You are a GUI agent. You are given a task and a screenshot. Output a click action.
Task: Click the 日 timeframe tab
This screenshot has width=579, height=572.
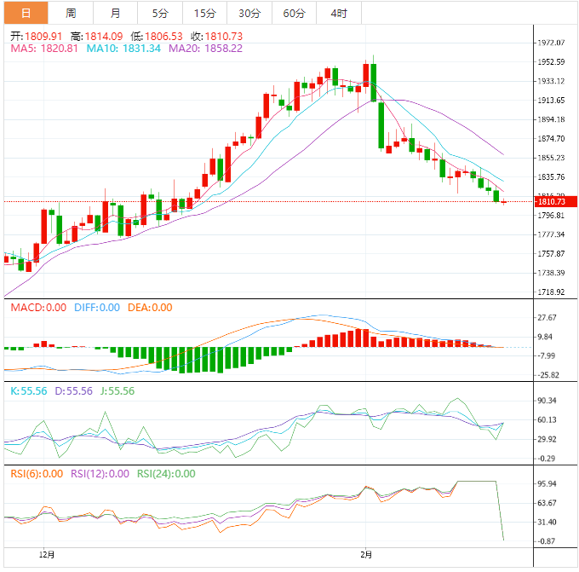coord(26,13)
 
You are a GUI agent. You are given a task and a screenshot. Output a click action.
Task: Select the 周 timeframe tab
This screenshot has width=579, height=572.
coord(71,13)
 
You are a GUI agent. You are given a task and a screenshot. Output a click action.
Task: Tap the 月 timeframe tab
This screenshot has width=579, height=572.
coord(115,13)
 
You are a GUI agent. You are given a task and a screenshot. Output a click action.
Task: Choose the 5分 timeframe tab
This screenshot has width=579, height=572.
coord(160,13)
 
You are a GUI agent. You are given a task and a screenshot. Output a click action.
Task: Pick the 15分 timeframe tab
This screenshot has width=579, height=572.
coord(204,13)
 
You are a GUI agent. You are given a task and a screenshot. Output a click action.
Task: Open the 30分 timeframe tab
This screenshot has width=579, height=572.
coord(249,13)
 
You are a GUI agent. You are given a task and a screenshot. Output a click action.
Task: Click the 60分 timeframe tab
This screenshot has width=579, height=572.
coord(294,13)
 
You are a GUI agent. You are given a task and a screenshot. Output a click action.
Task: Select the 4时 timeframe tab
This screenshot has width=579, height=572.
coord(338,13)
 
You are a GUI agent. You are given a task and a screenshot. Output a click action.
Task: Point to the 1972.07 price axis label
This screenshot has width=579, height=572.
coord(553,43)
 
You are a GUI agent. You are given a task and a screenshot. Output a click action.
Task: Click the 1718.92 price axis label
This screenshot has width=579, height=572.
coord(553,292)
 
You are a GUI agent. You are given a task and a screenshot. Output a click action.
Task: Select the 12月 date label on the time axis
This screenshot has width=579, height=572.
coord(48,554)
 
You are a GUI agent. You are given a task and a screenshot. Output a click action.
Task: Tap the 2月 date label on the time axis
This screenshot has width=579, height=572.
coord(365,554)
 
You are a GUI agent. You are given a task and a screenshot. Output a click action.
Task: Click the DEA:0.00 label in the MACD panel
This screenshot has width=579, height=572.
coord(150,308)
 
